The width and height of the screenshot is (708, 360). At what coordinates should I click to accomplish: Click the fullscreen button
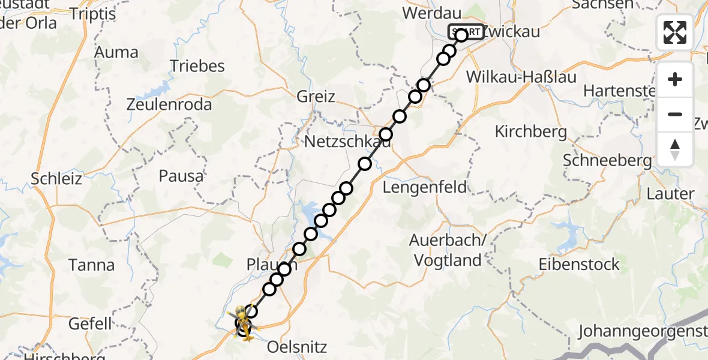675,32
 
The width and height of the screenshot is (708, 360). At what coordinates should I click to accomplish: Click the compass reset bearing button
675,149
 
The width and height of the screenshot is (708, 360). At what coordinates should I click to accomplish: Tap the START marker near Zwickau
466,31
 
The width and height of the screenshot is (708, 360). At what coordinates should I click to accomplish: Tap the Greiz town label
316,96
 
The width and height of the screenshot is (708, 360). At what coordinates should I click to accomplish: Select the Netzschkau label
347,142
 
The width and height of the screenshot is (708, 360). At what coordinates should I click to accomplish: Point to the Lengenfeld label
425,187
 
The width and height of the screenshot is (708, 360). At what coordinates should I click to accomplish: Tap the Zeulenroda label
169,104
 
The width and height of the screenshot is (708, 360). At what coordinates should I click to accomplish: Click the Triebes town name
197,65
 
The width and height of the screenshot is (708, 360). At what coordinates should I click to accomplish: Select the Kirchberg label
530,131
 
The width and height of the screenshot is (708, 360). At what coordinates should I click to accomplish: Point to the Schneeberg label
607,160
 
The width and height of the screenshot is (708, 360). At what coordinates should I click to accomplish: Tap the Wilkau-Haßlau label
512,77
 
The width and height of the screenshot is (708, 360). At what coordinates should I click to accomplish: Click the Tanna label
91,265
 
